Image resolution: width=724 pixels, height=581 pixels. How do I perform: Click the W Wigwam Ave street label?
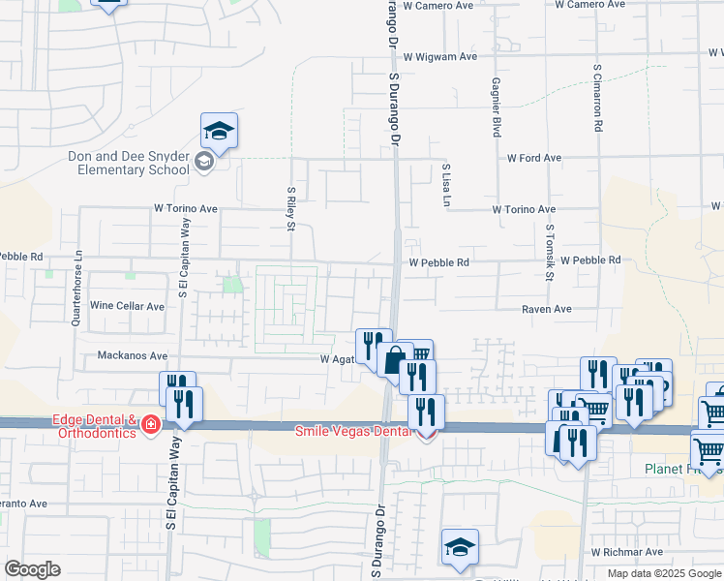[x=441, y=57]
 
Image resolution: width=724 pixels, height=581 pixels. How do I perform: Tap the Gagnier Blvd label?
[x=496, y=107]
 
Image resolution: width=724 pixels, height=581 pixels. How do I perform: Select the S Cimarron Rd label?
[x=599, y=100]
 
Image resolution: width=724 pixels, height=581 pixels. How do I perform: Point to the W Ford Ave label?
[x=533, y=158]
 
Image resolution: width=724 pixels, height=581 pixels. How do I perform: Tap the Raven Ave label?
[x=547, y=309]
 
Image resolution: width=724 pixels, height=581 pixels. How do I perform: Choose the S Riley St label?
[x=290, y=209]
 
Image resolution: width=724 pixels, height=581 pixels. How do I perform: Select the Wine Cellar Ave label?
[x=127, y=306]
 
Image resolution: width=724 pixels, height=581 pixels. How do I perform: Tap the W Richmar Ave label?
[x=627, y=552]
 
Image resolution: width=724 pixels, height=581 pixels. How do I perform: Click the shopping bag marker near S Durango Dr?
[x=395, y=360]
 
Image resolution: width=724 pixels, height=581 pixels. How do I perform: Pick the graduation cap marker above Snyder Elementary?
[x=220, y=131]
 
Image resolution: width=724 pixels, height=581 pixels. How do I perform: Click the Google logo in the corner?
[x=32, y=569]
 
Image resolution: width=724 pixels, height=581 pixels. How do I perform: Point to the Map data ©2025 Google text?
[x=664, y=573]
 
